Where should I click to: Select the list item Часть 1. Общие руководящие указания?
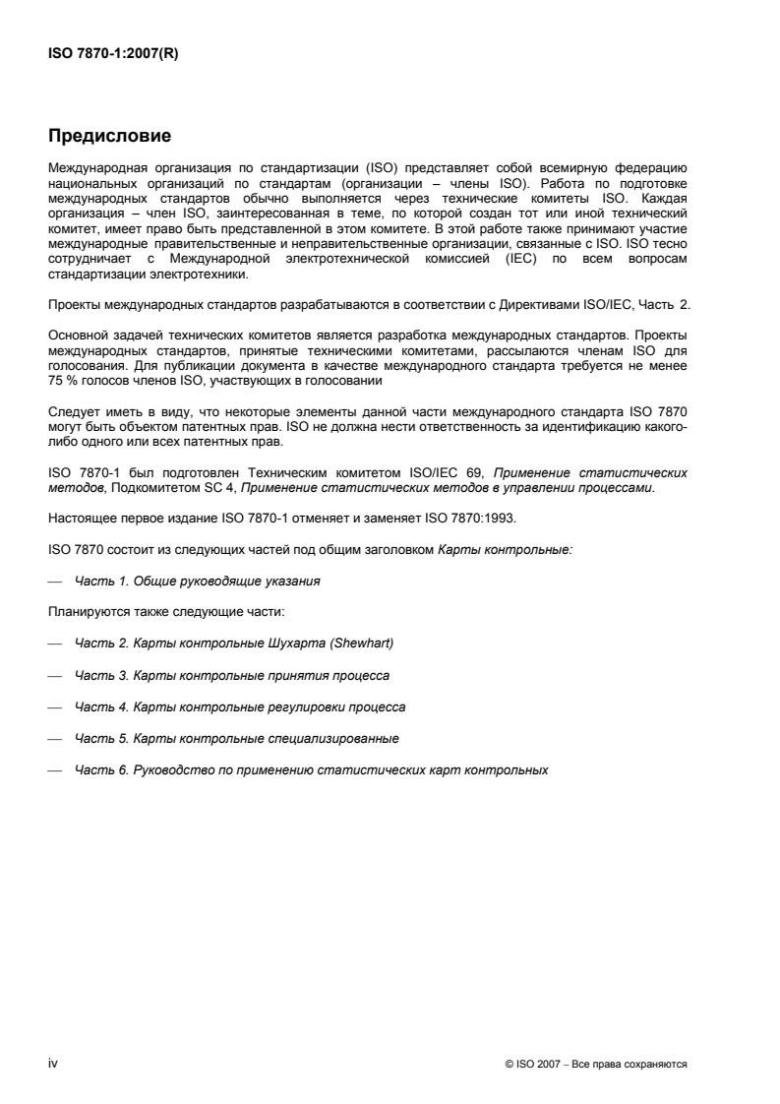click(196, 582)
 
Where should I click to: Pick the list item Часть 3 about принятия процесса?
click(231, 675)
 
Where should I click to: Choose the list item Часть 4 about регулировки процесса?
click(239, 706)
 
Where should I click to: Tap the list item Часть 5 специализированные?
click(236, 737)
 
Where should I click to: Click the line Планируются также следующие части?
click(166, 612)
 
